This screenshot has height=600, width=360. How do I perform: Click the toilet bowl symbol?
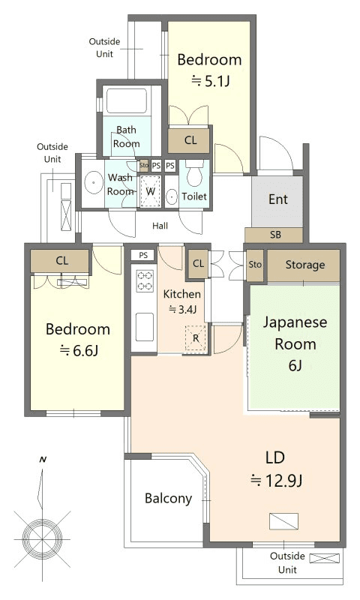coord(195,174)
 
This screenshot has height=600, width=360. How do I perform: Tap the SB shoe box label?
coord(275,235)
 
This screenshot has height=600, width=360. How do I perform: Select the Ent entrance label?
coord(278,199)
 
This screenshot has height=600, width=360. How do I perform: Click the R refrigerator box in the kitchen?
coord(196,338)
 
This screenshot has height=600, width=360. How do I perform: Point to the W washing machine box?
coord(150,191)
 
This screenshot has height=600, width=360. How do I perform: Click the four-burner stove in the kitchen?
coord(145,280)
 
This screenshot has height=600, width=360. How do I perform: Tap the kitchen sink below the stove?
coord(145,327)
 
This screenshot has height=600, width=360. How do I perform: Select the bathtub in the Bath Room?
coord(126,100)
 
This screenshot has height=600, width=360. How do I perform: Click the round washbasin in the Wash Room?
coord(92,183)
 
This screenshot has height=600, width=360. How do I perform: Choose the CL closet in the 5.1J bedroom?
coord(190,140)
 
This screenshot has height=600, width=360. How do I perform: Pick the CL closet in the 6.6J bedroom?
coord(61,261)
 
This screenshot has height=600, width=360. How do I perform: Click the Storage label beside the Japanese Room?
coord(305,265)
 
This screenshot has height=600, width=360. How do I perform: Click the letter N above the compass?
coord(43,460)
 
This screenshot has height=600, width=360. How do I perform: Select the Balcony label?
coord(168,498)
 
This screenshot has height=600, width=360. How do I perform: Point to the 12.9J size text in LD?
coord(276,481)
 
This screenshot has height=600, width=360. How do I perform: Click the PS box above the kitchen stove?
coord(143,255)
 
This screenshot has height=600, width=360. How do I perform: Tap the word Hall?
coord(160,226)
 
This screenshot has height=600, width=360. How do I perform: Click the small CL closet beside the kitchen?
coord(198,264)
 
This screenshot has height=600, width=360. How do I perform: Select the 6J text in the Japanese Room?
coord(295,366)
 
